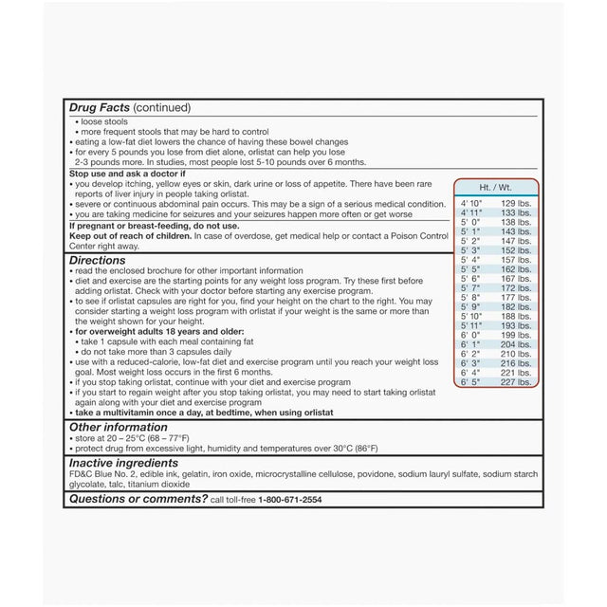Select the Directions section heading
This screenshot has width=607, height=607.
click(97, 260)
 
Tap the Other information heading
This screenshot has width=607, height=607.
click(120, 427)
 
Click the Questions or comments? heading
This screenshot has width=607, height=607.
click(138, 498)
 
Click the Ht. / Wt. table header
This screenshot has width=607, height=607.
click(495, 188)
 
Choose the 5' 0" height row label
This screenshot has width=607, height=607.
click(471, 223)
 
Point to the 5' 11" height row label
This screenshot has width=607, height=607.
click(472, 325)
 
